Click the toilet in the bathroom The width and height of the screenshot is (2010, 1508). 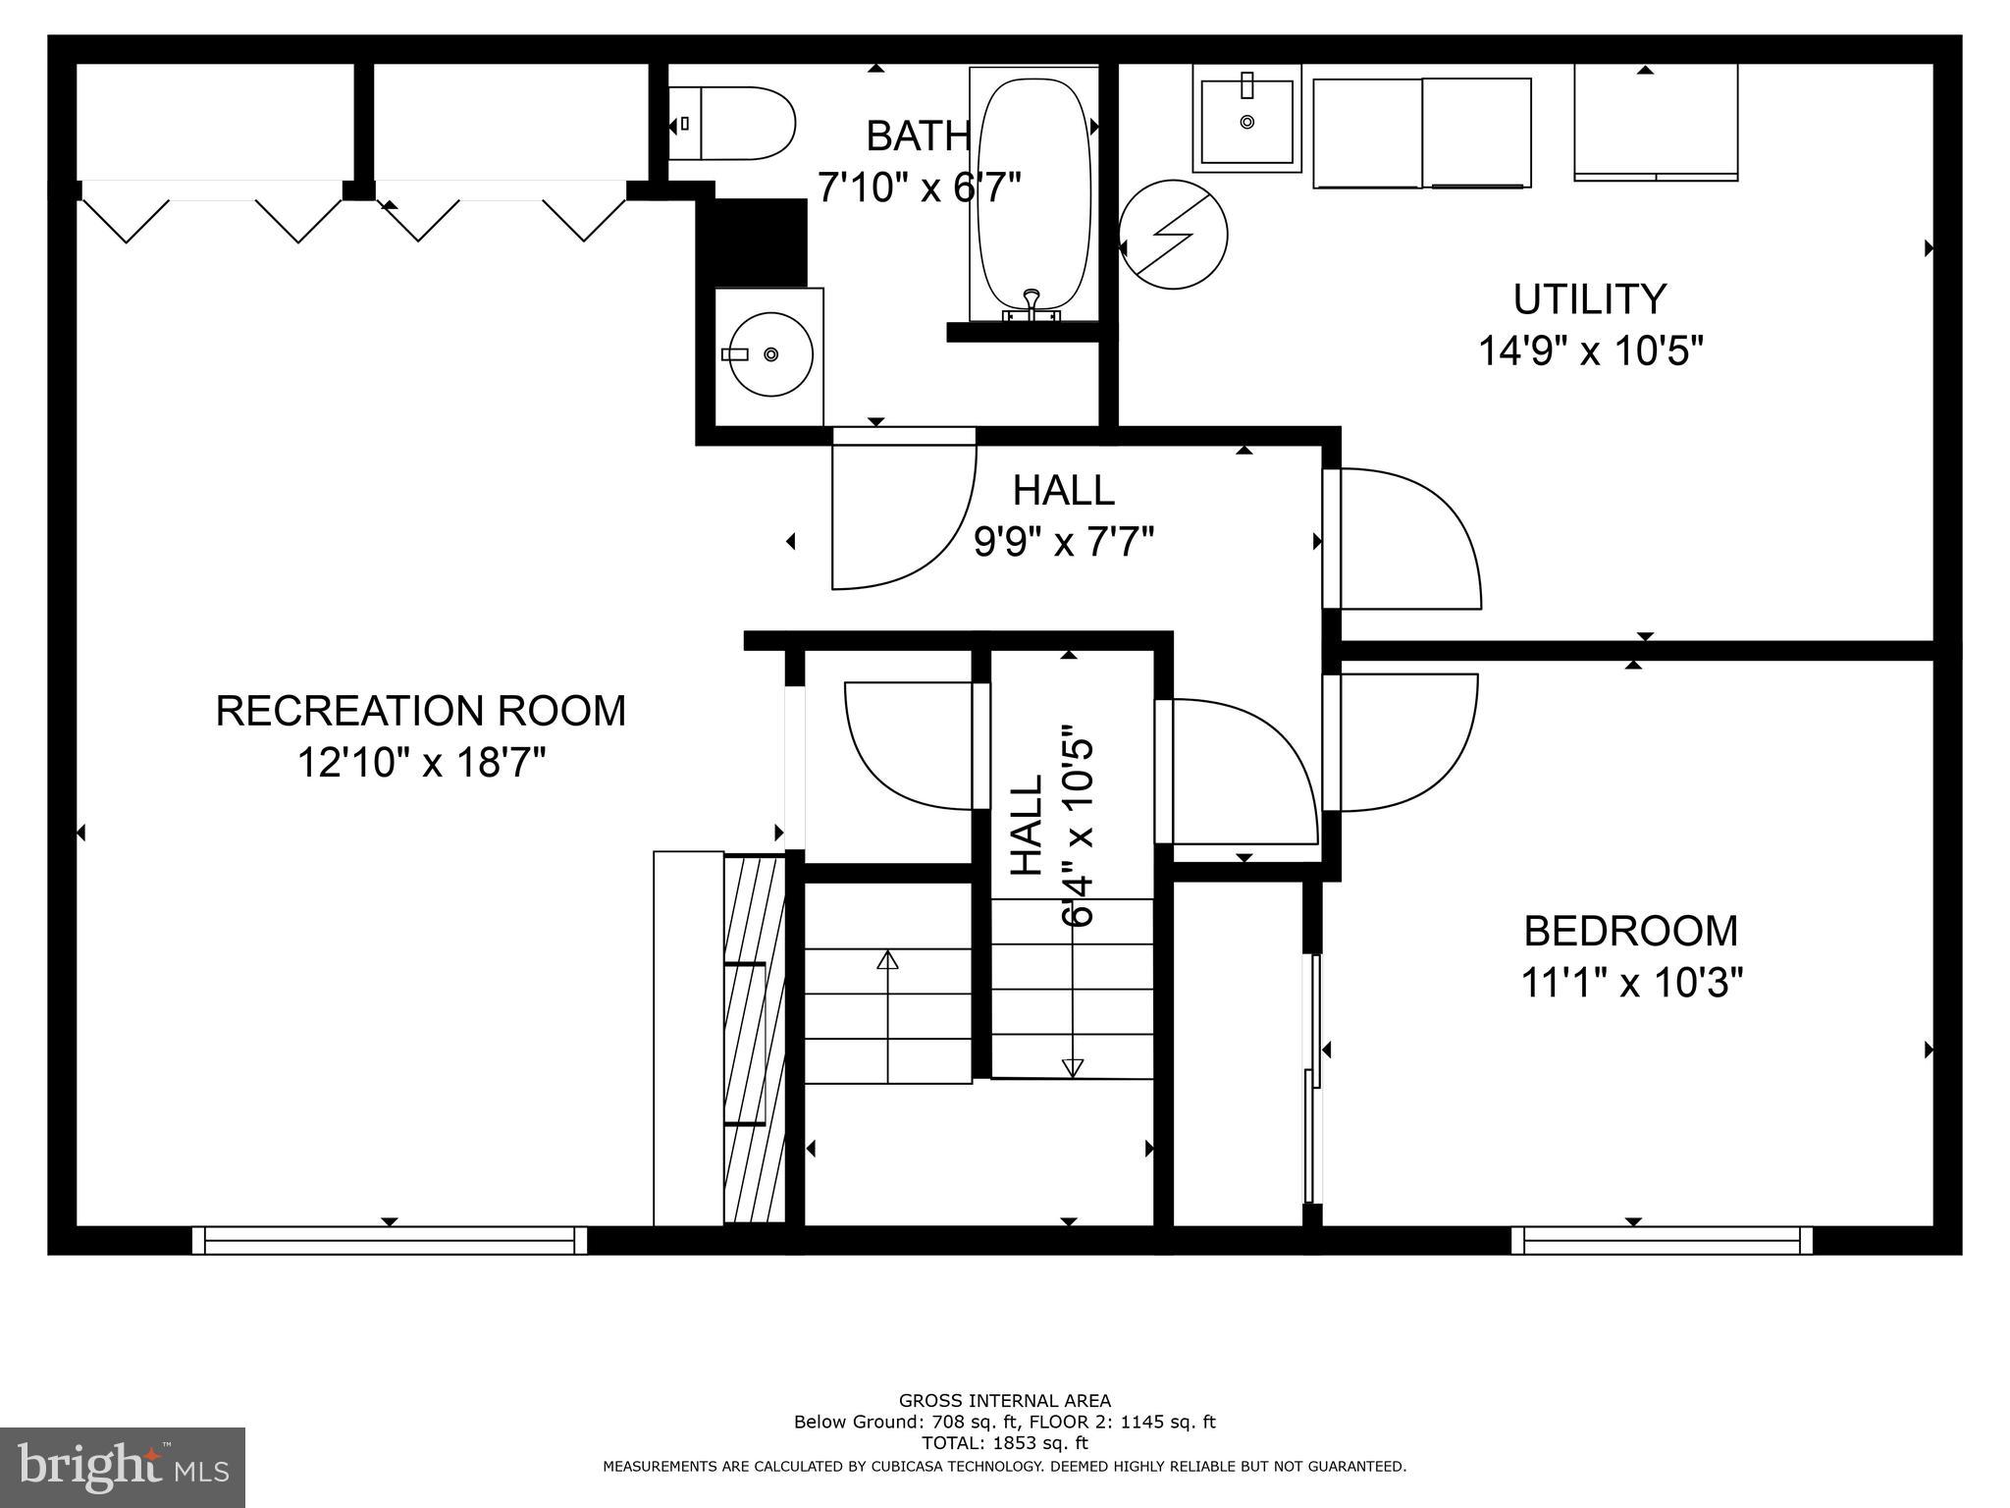(x=731, y=124)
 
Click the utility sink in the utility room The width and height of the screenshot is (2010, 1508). (x=1246, y=119)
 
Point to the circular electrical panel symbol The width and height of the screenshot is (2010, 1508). (x=1173, y=235)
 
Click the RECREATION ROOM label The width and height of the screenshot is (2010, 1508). (x=420, y=711)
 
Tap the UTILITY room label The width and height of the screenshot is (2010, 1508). (x=1590, y=299)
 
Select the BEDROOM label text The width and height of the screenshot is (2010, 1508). (x=1630, y=931)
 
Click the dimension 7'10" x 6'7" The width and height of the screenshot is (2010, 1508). (x=920, y=186)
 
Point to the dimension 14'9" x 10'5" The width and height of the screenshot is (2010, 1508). (x=1590, y=350)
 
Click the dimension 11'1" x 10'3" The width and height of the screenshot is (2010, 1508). (x=1631, y=982)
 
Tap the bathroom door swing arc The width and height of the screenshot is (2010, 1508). (x=942, y=550)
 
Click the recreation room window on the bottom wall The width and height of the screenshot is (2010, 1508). (x=390, y=1240)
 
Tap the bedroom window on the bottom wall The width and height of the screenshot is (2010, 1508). (x=1662, y=1240)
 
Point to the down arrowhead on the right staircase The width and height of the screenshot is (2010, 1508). (x=1073, y=1068)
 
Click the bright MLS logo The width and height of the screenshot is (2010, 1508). (x=123, y=1467)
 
